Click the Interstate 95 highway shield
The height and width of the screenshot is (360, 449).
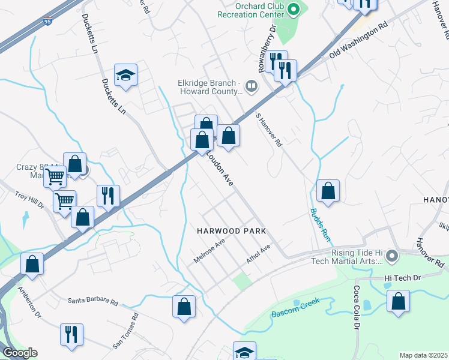[x=48, y=21]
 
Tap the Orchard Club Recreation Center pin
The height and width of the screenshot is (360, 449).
[x=294, y=8]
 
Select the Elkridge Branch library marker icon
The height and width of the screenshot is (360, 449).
[x=252, y=87]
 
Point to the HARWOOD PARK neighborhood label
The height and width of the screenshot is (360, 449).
[x=231, y=231]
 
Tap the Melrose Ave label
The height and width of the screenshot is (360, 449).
[x=209, y=250]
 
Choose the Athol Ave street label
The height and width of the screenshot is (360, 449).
[x=259, y=254]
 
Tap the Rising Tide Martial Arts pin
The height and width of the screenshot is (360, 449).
[x=392, y=256]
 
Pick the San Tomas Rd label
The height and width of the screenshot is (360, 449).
[x=126, y=331]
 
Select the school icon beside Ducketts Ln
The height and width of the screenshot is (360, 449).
[x=126, y=75]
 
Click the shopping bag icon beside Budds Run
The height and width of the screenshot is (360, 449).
[x=328, y=191]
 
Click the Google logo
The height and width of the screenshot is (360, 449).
[x=19, y=353]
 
